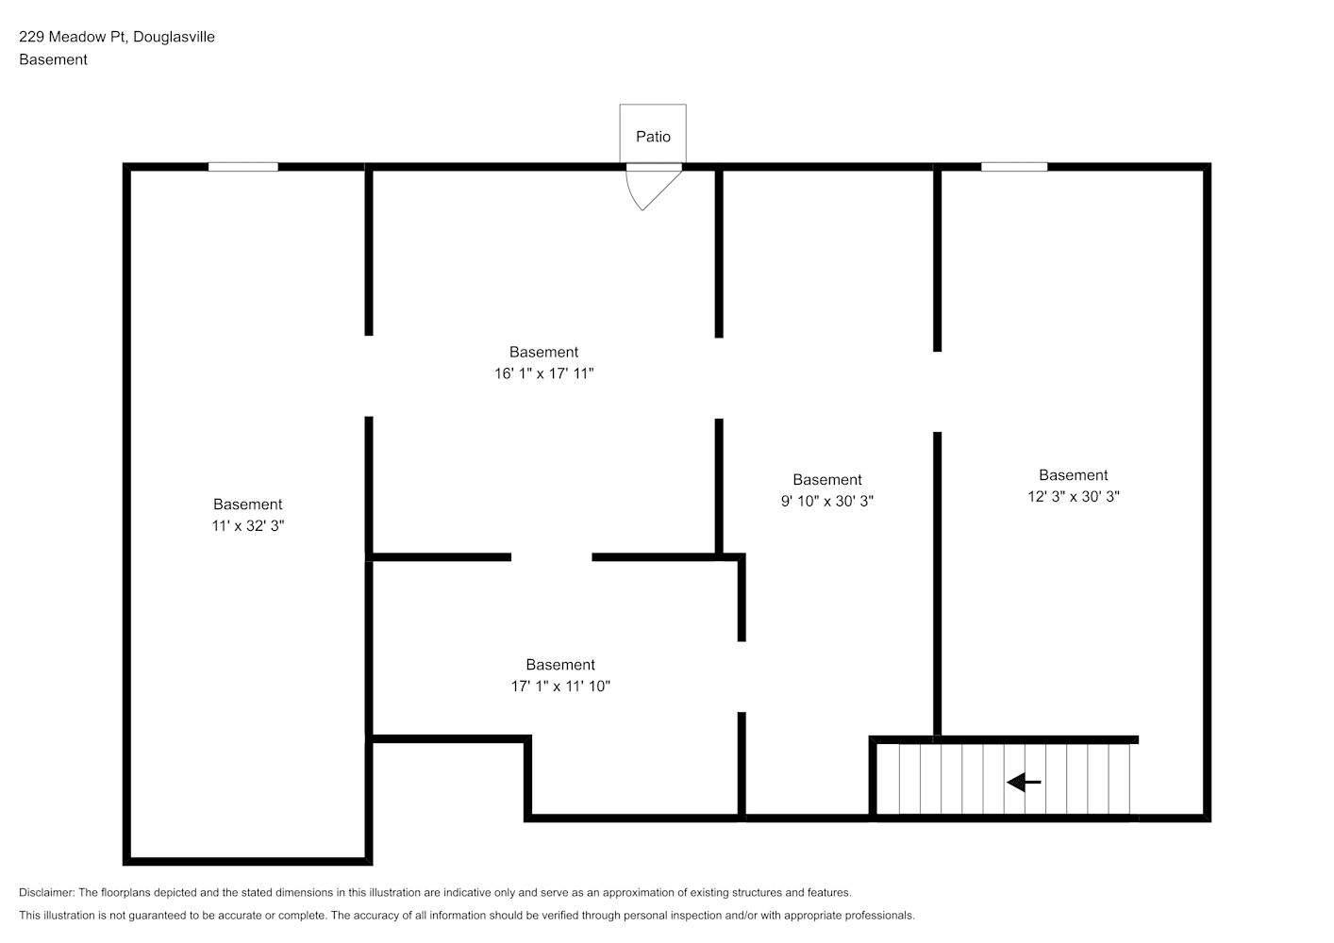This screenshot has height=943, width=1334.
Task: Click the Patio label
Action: pyautogui.click(x=653, y=137)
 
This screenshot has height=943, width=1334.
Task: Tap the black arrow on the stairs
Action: pyautogui.click(x=1024, y=782)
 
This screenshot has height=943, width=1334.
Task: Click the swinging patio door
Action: pyautogui.click(x=653, y=190)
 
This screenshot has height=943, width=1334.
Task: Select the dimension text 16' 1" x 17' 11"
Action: pyautogui.click(x=543, y=373)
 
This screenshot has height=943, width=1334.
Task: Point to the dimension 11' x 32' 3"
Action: pyautogui.click(x=248, y=525)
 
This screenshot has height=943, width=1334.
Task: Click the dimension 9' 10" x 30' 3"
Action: pyautogui.click(x=826, y=502)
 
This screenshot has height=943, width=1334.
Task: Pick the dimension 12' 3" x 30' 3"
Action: pyautogui.click(x=1074, y=497)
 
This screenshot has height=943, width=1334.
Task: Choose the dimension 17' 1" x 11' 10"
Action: pyautogui.click(x=560, y=687)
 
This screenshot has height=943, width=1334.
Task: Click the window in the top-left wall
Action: pyautogui.click(x=243, y=167)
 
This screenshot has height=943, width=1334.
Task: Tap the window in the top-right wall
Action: pyautogui.click(x=1014, y=167)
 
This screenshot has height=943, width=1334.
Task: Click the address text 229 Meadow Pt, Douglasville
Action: pyautogui.click(x=117, y=37)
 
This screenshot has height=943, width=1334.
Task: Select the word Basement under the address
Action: pyautogui.click(x=53, y=59)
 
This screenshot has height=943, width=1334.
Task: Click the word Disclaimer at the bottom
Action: pyautogui.click(x=46, y=892)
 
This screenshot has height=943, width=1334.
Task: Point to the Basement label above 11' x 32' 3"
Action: pyautogui.click(x=248, y=505)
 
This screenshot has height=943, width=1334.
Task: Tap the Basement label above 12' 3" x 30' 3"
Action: pyautogui.click(x=1074, y=475)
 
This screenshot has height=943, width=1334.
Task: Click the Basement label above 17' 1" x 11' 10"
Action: pyautogui.click(x=560, y=665)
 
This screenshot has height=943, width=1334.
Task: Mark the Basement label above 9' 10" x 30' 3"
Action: pyautogui.click(x=827, y=480)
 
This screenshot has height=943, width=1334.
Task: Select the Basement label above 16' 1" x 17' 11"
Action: pyautogui.click(x=543, y=352)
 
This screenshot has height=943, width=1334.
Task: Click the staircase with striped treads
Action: pyautogui.click(x=1004, y=779)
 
